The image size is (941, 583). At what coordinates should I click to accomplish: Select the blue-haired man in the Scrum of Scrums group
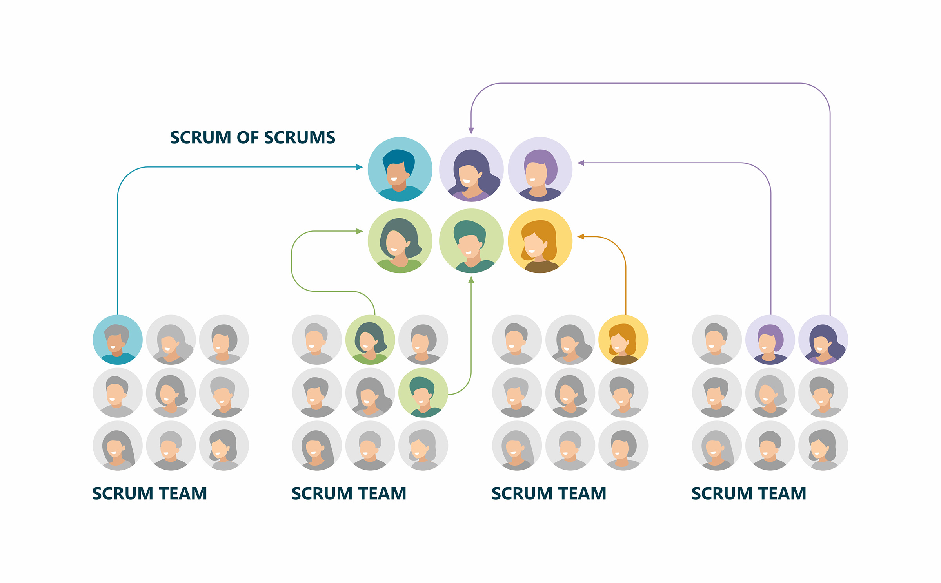pyautogui.click(x=400, y=169)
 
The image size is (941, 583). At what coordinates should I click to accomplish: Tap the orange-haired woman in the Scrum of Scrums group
pyautogui.click(x=540, y=241)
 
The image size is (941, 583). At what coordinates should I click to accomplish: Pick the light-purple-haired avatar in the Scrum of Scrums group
pyautogui.click(x=540, y=169)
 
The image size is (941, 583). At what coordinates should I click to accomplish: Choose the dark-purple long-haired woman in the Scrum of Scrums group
pyautogui.click(x=471, y=169)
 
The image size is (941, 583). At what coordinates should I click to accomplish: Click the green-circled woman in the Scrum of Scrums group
pyautogui.click(x=400, y=241)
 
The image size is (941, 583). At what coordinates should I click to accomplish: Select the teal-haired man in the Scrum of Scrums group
pyautogui.click(x=471, y=241)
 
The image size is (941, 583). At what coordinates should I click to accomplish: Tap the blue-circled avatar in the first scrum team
pyautogui.click(x=118, y=340)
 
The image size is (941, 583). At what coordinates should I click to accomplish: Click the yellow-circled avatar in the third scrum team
pyautogui.click(x=623, y=340)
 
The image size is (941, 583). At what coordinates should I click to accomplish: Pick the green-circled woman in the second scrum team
pyautogui.click(x=370, y=340)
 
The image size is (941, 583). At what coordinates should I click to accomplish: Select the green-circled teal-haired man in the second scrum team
pyautogui.click(x=423, y=393)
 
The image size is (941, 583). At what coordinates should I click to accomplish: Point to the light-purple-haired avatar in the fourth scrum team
pyautogui.click(x=770, y=340)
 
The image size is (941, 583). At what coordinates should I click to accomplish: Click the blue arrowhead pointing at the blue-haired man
pyautogui.click(x=360, y=167)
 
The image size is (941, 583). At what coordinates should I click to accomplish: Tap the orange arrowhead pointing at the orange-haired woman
pyautogui.click(x=581, y=236)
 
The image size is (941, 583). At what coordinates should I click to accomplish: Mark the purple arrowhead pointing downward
pyautogui.click(x=471, y=131)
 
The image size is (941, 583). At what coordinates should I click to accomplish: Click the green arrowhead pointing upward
pyautogui.click(x=471, y=280)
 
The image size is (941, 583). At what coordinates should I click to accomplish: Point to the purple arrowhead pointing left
pyautogui.click(x=581, y=163)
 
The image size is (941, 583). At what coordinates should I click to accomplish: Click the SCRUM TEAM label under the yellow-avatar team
pyautogui.click(x=549, y=493)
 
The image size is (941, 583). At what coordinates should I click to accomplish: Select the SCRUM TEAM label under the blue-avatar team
pyautogui.click(x=149, y=493)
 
